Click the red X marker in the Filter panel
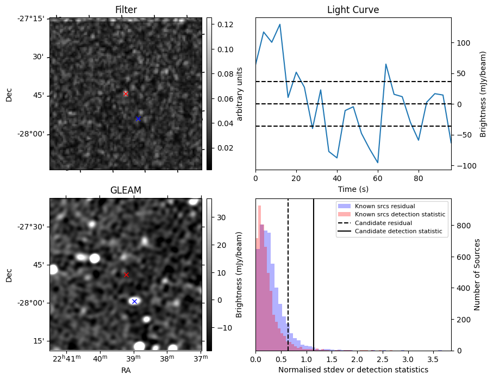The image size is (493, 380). click(126, 94)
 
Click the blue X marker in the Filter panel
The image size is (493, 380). click(138, 119)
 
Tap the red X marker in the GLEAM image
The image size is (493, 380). click(126, 275)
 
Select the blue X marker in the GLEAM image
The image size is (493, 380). click(134, 301)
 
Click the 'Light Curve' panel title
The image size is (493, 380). click(353, 10)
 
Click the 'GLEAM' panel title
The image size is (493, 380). click(126, 190)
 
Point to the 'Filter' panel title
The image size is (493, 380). click(126, 10)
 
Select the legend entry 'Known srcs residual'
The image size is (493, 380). click(384, 206)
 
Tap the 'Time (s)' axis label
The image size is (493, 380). click(353, 188)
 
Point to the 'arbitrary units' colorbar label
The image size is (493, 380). click(240, 94)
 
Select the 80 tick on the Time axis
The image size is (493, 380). click(419, 178)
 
